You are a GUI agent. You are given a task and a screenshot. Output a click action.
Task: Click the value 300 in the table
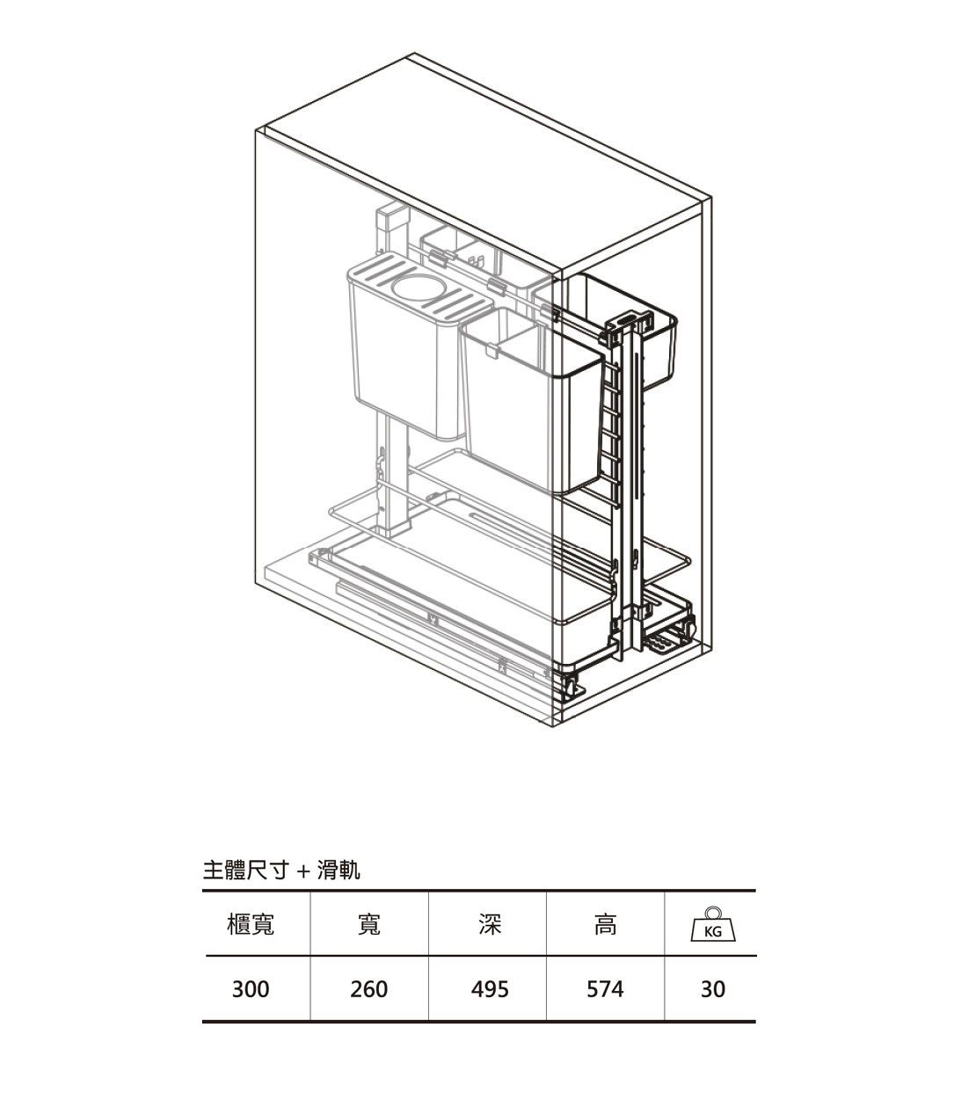click(251, 989)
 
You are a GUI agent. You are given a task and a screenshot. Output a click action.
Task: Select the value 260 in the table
click(368, 989)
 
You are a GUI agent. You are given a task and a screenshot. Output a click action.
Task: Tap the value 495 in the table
click(490, 989)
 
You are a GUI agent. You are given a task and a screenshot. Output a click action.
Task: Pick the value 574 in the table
click(605, 989)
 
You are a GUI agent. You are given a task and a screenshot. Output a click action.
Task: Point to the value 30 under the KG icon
click(713, 989)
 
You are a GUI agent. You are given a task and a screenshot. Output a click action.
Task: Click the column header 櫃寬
click(251, 924)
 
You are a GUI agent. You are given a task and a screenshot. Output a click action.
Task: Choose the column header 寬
click(368, 924)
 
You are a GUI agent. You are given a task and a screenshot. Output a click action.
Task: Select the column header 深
click(490, 924)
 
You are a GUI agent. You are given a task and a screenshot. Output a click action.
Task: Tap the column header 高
click(605, 924)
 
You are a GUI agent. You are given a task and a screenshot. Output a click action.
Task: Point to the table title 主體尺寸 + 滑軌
click(281, 871)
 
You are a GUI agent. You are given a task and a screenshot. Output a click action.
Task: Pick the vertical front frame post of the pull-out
click(626, 484)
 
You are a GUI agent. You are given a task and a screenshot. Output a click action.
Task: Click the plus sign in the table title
click(302, 871)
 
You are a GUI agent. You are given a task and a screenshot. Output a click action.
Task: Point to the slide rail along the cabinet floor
click(440, 624)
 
